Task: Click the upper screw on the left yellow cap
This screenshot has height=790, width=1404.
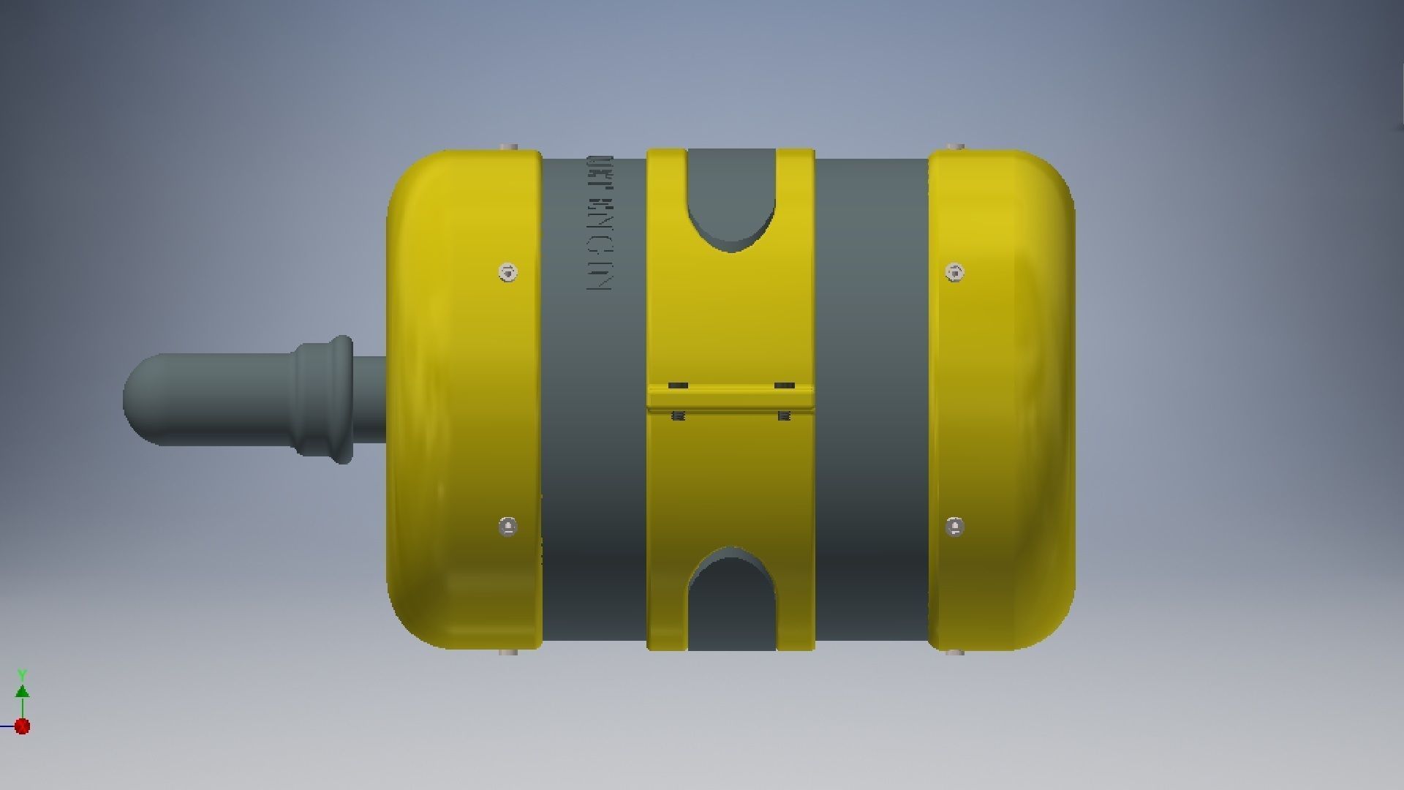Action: [x=509, y=273]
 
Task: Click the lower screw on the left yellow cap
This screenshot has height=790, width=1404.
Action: [x=508, y=527]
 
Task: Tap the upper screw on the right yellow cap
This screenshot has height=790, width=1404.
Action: [x=954, y=273]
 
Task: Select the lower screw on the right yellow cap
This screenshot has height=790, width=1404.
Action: [x=954, y=527]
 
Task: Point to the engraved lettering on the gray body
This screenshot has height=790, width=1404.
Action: [x=599, y=223]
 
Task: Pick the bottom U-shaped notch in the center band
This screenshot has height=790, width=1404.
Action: [x=731, y=600]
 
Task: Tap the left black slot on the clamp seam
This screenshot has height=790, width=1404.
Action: [x=678, y=385]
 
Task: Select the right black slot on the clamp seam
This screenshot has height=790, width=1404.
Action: [x=784, y=385]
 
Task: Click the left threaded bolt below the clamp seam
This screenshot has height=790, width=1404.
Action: [x=678, y=416]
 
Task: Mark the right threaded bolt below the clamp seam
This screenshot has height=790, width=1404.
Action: [x=784, y=416]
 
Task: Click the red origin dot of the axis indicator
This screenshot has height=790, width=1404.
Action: [x=23, y=726]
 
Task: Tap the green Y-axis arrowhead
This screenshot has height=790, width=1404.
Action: [x=23, y=691]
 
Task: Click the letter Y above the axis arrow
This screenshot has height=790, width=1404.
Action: [x=23, y=674]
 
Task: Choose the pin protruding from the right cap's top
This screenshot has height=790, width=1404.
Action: [x=954, y=147]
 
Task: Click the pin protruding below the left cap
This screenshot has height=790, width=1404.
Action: [x=509, y=651]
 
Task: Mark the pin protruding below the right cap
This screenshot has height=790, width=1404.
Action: [x=954, y=651]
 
